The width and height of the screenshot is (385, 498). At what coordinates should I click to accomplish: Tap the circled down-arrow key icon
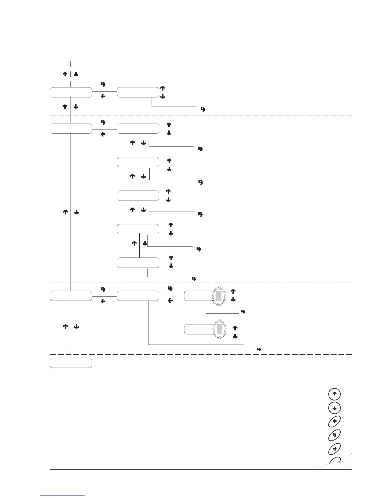[x=334, y=408]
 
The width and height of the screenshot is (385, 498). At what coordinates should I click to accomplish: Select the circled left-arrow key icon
[x=334, y=421]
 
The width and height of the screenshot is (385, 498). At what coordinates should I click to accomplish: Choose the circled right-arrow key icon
[x=334, y=448]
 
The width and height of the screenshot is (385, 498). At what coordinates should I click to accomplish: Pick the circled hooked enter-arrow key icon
[x=334, y=435]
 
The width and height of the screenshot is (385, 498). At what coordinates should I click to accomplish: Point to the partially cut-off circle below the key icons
[x=334, y=461]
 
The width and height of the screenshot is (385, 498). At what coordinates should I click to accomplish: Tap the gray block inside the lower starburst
[x=220, y=329]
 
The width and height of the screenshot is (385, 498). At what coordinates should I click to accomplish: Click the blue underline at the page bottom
[x=63, y=495]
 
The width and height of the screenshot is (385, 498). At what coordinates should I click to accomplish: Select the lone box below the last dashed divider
[x=71, y=362]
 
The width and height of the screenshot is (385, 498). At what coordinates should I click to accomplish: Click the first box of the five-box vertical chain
[x=138, y=129]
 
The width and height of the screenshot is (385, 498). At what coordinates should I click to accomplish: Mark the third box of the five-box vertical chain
[x=138, y=196]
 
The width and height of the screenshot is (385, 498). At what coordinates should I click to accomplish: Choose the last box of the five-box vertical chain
[x=138, y=263]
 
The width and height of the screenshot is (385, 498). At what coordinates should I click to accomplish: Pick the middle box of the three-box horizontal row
[x=138, y=296]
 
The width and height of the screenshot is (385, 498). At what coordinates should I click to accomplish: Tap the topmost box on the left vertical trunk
[x=71, y=93]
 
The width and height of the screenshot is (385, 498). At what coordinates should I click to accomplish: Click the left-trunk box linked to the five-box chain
[x=71, y=129]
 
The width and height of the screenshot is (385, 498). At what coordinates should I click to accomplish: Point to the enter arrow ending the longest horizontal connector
[x=259, y=349]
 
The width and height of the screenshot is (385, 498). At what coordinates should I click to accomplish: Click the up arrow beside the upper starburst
[x=233, y=291]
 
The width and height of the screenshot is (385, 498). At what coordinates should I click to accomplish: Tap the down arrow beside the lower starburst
[x=234, y=336]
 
